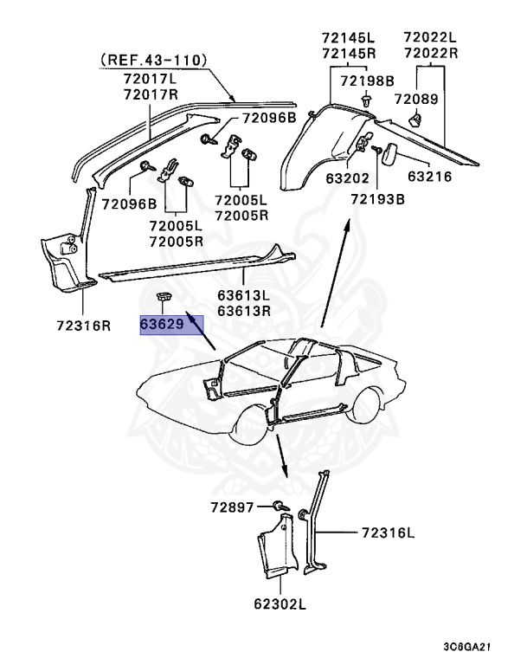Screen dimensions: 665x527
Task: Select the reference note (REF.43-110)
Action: [153, 60]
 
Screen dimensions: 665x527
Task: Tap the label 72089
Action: [416, 100]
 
